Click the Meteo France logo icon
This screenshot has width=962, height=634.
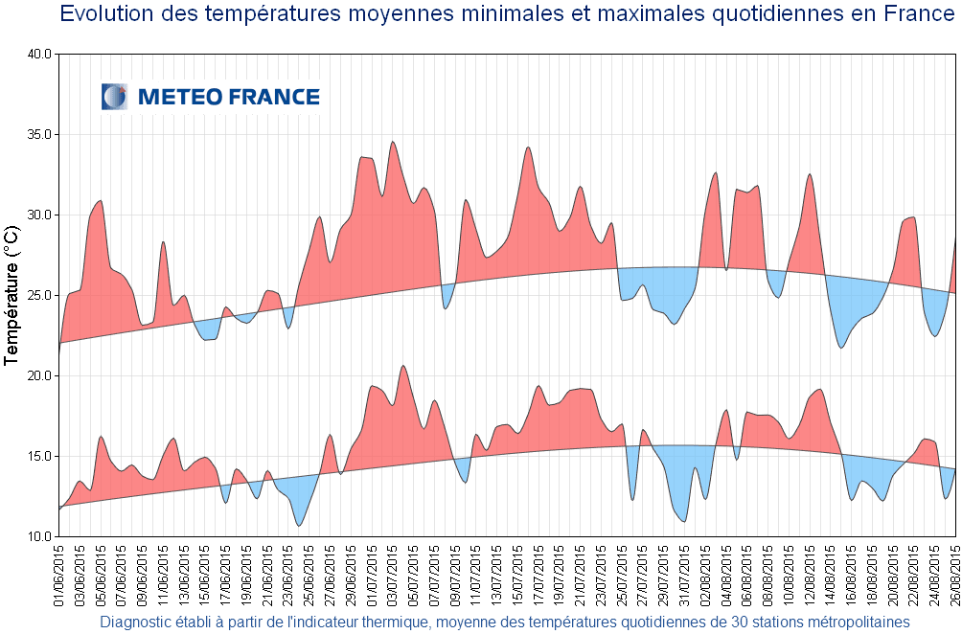coord(114,97)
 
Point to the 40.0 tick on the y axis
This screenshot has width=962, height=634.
coord(38,55)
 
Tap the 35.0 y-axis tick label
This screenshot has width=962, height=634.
coord(38,135)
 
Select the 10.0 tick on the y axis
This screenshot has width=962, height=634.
coord(38,537)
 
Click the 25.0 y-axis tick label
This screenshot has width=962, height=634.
coord(38,296)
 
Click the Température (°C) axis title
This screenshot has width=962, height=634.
coord(11,296)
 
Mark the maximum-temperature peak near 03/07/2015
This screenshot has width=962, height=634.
coord(393,142)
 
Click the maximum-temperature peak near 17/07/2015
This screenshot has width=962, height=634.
coord(528,147)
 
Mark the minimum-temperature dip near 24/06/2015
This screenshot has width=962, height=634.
coord(300,525)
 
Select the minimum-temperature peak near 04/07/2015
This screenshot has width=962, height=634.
coord(403,365)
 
